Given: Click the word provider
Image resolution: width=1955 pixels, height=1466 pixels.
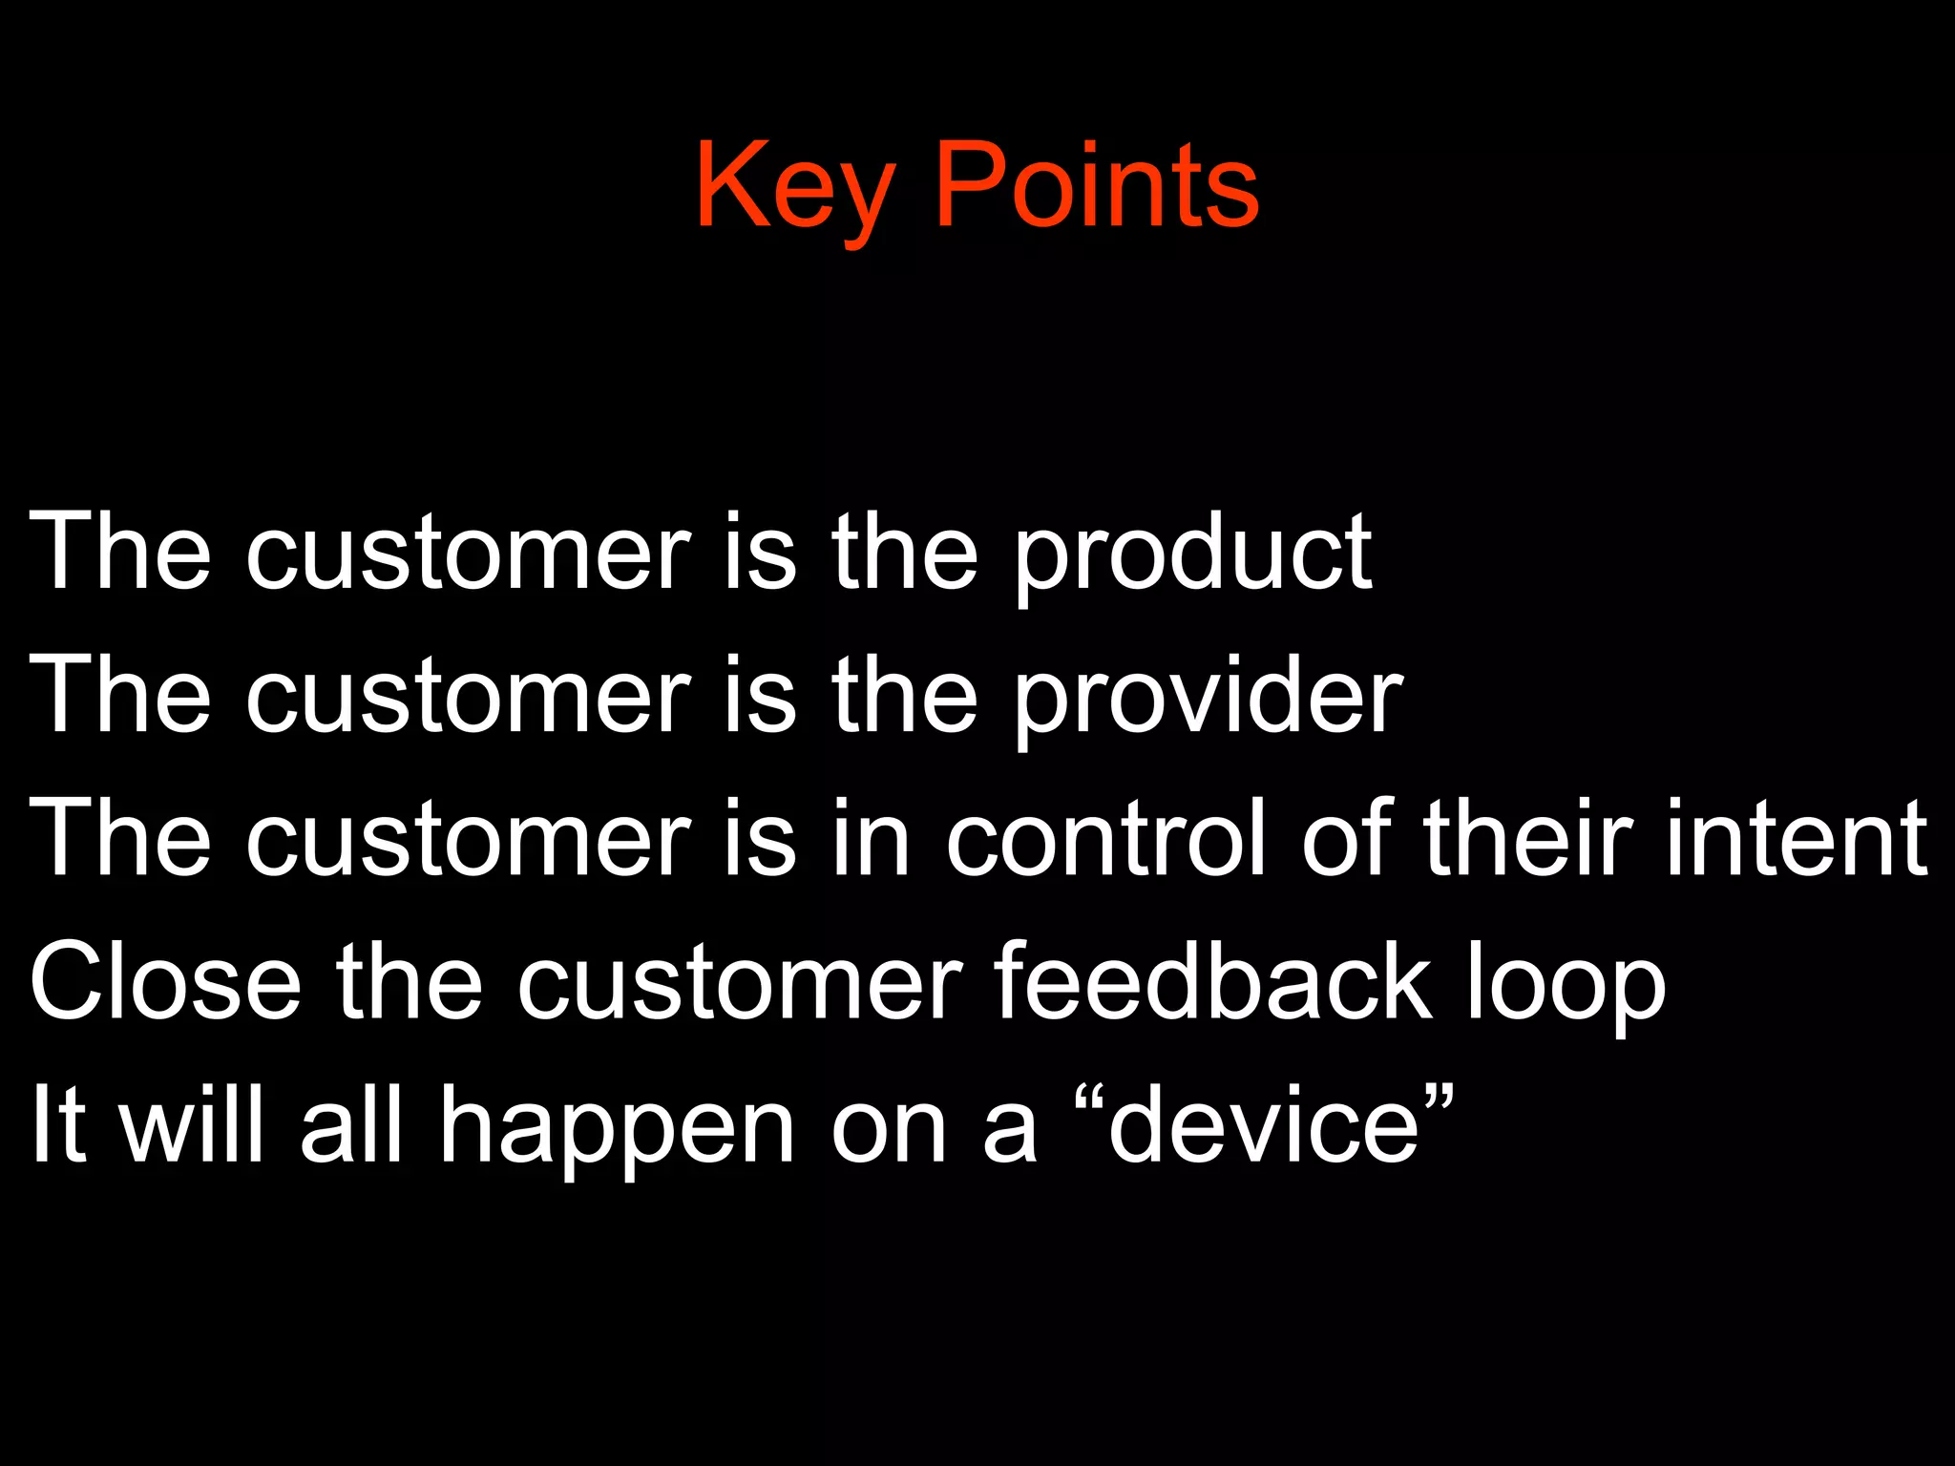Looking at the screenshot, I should click(x=1207, y=697).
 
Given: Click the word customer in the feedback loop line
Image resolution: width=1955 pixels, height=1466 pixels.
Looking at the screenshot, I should click(x=740, y=983).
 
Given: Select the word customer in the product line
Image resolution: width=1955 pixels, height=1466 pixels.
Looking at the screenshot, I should click(x=468, y=554).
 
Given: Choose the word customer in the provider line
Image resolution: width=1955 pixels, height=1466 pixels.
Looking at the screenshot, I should click(x=468, y=697).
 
